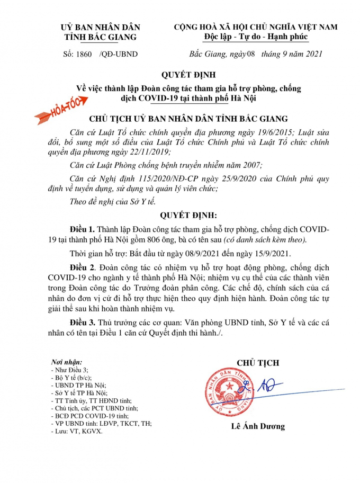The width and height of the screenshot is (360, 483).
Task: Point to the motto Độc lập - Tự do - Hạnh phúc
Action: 256,36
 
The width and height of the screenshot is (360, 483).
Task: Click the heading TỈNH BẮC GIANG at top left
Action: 100,37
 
